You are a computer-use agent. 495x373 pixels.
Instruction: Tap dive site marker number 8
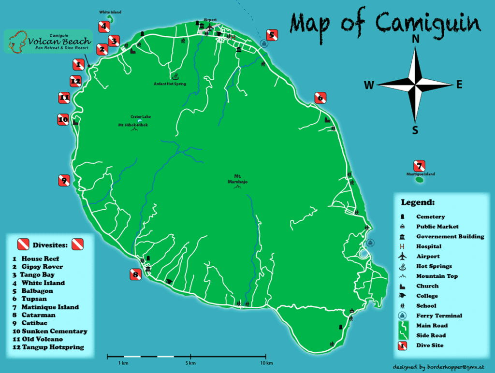[x=136, y=275]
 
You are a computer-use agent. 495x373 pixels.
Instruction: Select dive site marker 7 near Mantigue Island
[x=419, y=165]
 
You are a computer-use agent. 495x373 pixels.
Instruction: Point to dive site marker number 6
[x=320, y=98]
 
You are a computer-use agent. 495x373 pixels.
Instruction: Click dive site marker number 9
[x=64, y=180]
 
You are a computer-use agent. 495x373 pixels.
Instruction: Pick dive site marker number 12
[x=75, y=81]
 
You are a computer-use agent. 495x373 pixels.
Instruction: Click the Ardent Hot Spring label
[x=170, y=84]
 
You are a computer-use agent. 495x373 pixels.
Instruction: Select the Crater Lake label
[x=140, y=116]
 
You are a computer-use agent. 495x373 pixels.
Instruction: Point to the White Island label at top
[x=110, y=12]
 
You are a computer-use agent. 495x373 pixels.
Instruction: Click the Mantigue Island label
[x=421, y=174]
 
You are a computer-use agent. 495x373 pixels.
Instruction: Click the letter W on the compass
[x=369, y=86]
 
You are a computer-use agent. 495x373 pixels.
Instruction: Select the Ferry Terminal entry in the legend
[x=439, y=316]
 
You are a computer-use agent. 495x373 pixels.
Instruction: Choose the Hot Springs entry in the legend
[x=434, y=266]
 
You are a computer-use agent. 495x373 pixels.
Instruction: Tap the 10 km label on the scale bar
[x=266, y=363]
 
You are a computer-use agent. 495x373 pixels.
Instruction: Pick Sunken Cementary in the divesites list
[x=54, y=331]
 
